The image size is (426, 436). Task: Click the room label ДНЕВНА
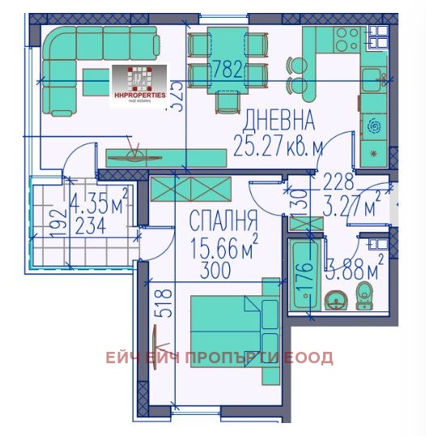[279, 122]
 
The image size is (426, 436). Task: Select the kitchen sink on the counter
[373, 78]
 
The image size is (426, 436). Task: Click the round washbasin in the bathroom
[335, 301]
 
